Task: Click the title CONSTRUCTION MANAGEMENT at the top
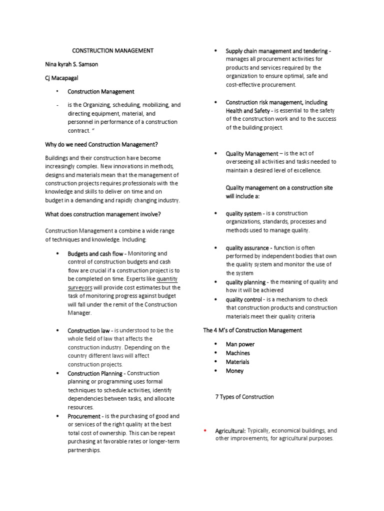pos(113,51)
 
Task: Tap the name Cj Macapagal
pos(63,78)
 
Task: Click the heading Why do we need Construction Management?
pos(101,145)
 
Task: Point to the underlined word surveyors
pos(80,288)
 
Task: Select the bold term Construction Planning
pos(96,373)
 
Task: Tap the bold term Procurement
pos(85,416)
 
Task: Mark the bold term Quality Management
pos(252,154)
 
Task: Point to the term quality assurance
pos(248,248)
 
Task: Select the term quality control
pos(244,299)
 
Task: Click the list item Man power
pos(240,344)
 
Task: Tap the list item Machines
pos(237,353)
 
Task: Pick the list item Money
pos(234,371)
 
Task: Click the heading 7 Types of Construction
pos(244,397)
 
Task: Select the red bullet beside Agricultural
pos(205,430)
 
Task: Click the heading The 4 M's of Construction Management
pos(252,330)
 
